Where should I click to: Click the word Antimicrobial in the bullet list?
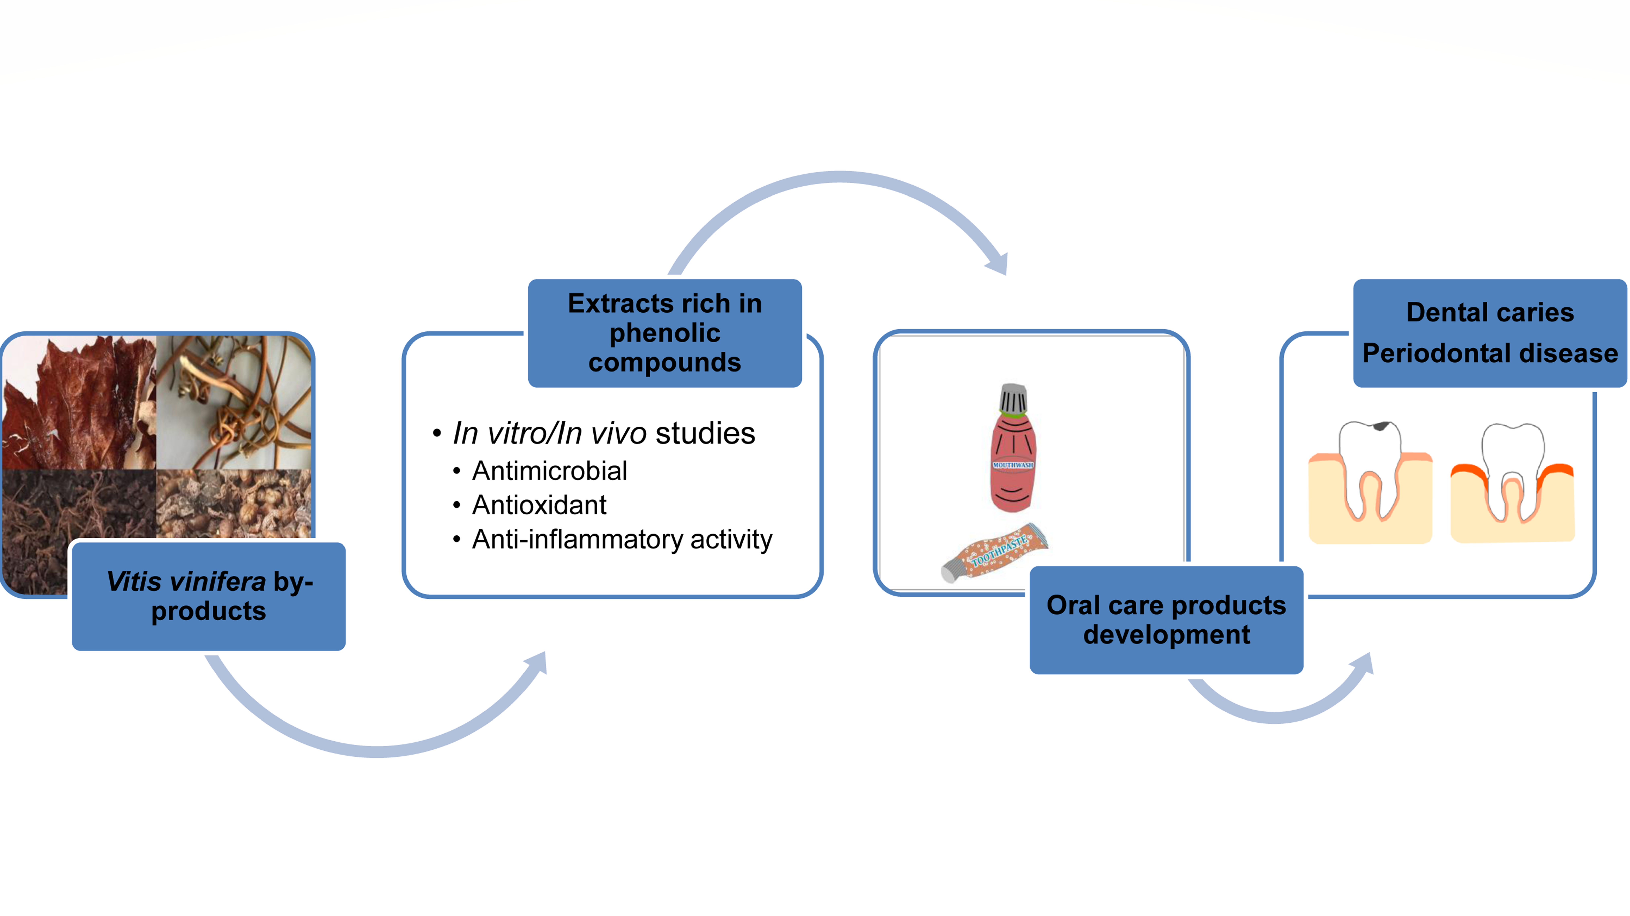click(x=549, y=471)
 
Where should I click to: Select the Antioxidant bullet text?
click(x=539, y=505)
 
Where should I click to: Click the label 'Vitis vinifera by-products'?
click(x=209, y=596)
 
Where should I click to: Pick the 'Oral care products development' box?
click(x=1166, y=620)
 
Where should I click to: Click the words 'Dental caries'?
click(x=1490, y=312)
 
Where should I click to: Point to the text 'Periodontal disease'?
click(x=1490, y=353)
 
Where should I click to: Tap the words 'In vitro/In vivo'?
click(x=549, y=433)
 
